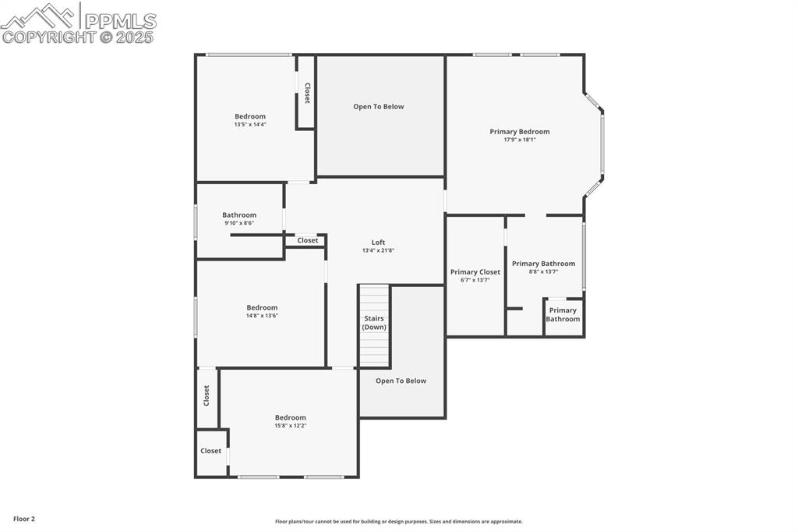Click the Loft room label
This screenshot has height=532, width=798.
click(x=378, y=243)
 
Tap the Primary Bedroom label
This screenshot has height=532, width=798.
click(x=519, y=132)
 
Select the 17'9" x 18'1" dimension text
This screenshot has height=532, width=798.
click(x=519, y=140)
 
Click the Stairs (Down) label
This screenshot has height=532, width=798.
click(x=374, y=323)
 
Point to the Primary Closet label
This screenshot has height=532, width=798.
click(x=475, y=272)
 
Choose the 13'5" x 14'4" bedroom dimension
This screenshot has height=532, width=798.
click(x=250, y=125)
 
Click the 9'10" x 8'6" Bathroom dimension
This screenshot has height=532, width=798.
click(x=239, y=223)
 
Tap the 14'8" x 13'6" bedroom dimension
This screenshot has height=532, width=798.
click(x=262, y=316)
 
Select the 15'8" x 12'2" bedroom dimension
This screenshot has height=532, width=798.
click(x=290, y=426)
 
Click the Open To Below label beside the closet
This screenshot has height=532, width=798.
click(x=379, y=107)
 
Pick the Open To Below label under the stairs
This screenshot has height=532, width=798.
click(x=401, y=381)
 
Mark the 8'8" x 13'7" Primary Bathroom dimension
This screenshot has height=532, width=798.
click(x=543, y=271)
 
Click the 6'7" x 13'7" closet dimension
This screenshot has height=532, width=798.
click(x=475, y=280)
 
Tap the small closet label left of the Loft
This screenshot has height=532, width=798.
click(x=308, y=240)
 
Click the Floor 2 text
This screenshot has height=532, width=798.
click(x=24, y=519)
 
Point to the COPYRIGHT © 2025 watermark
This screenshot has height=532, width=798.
click(x=78, y=37)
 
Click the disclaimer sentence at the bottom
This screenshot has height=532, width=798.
click(x=398, y=522)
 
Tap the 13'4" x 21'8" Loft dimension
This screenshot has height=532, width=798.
click(x=378, y=250)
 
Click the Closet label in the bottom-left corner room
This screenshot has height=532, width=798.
click(x=211, y=451)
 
